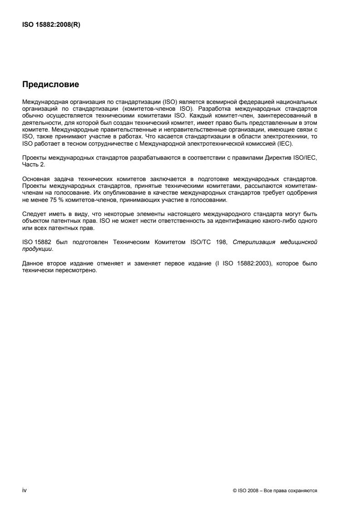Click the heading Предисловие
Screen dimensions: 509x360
point(50,84)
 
